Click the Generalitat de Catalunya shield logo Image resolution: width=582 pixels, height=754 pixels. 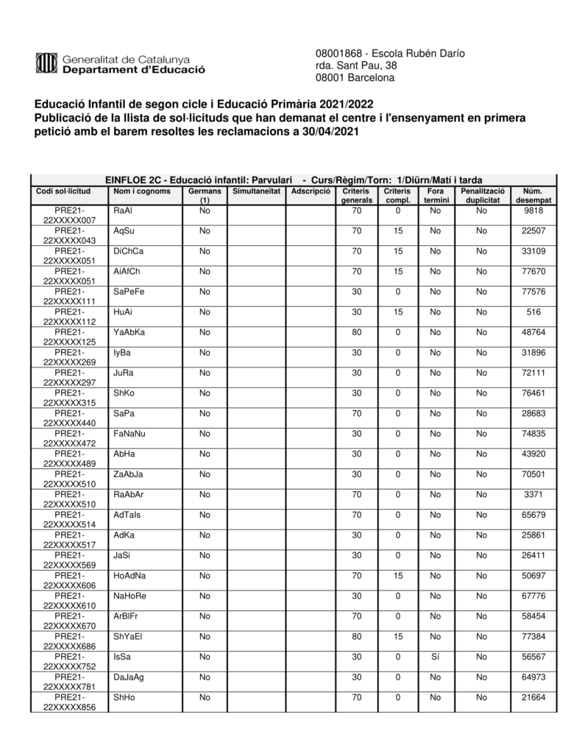click(x=46, y=64)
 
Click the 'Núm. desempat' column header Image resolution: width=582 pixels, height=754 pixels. click(x=533, y=195)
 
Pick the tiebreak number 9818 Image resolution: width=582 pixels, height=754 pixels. click(x=533, y=211)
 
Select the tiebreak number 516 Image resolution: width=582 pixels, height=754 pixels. click(x=533, y=312)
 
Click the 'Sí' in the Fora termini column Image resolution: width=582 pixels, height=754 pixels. click(x=435, y=657)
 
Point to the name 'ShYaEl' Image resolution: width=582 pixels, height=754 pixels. click(x=128, y=636)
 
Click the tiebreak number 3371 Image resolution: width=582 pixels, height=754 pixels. click(x=533, y=495)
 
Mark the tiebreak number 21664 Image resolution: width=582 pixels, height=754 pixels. click(x=533, y=697)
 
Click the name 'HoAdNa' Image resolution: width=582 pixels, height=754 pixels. click(x=130, y=576)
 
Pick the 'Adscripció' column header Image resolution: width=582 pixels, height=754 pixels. click(x=310, y=191)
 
